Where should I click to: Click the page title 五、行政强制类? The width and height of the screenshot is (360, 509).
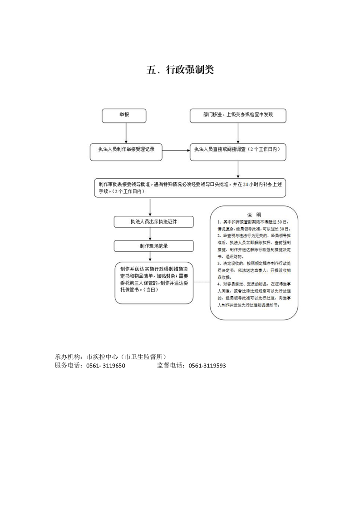(x=180, y=70)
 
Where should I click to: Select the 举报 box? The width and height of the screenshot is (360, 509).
(x=124, y=115)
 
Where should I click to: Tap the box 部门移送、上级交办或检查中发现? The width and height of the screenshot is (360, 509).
(x=238, y=115)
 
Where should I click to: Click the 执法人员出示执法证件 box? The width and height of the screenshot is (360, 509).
(x=153, y=221)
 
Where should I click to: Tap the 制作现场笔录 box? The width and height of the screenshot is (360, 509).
(x=153, y=246)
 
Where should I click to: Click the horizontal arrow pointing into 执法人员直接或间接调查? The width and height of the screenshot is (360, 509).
(x=176, y=150)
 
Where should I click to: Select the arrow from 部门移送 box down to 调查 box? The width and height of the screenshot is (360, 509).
(x=238, y=132)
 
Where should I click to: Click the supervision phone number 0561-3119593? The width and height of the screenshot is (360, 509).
(x=207, y=366)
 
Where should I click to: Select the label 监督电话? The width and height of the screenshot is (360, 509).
(x=171, y=366)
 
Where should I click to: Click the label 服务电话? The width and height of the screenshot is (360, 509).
(x=69, y=366)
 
